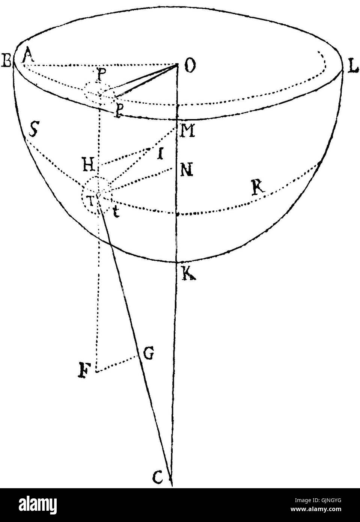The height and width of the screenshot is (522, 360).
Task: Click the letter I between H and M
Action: click(160, 154)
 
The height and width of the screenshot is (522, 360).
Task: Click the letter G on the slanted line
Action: click(148, 353)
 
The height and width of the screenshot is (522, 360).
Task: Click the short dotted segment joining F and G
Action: click(116, 364)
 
